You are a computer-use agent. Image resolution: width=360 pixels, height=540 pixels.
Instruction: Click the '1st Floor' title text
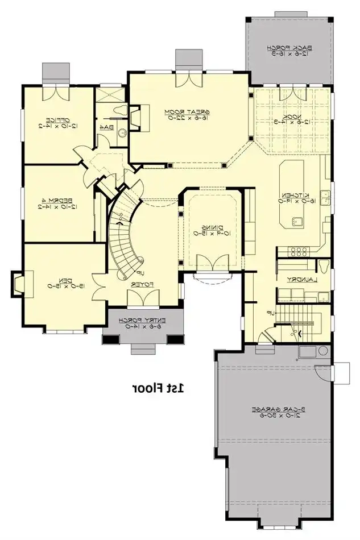[159, 389]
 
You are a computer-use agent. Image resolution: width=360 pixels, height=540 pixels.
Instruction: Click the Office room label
[58, 123]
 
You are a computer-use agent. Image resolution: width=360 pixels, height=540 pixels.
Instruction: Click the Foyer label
[143, 283]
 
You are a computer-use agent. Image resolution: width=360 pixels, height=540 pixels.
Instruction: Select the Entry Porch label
[146, 323]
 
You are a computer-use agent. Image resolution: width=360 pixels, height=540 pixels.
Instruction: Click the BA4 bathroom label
[106, 127]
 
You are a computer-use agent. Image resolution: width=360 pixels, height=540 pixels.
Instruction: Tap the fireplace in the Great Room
[136, 118]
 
